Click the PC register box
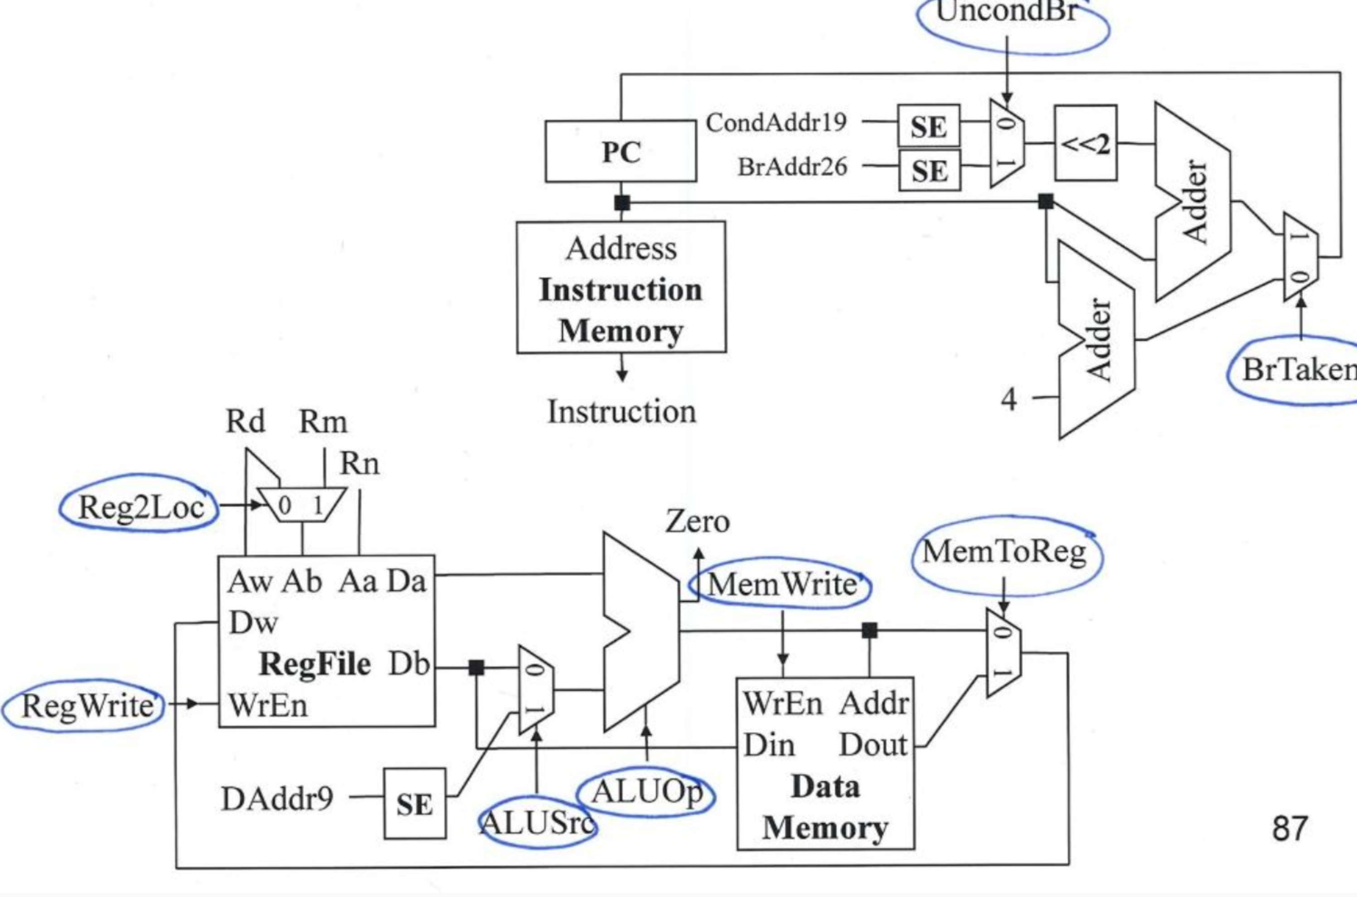pos(621,151)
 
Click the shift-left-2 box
pos(1085,143)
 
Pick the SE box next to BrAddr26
pos(930,170)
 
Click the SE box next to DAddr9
pos(414,804)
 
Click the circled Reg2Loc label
pos(140,507)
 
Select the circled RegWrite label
pos(86,706)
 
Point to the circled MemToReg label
pos(1004,553)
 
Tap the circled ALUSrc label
pos(536,824)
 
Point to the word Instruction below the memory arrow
pos(622,411)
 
